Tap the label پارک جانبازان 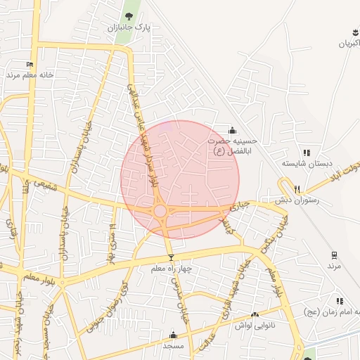click(x=129, y=27)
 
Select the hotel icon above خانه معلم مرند click(x=30, y=64)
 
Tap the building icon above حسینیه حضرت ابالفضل click(x=233, y=130)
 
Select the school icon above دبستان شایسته click(x=307, y=153)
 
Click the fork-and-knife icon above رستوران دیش click(x=297, y=189)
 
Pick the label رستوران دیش click(x=297, y=200)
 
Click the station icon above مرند click(x=334, y=255)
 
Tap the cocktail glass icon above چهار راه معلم click(x=170, y=258)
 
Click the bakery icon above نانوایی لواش click(x=255, y=316)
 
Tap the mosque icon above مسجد click(x=173, y=335)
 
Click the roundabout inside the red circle click(x=160, y=210)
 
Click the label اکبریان click(x=349, y=44)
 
